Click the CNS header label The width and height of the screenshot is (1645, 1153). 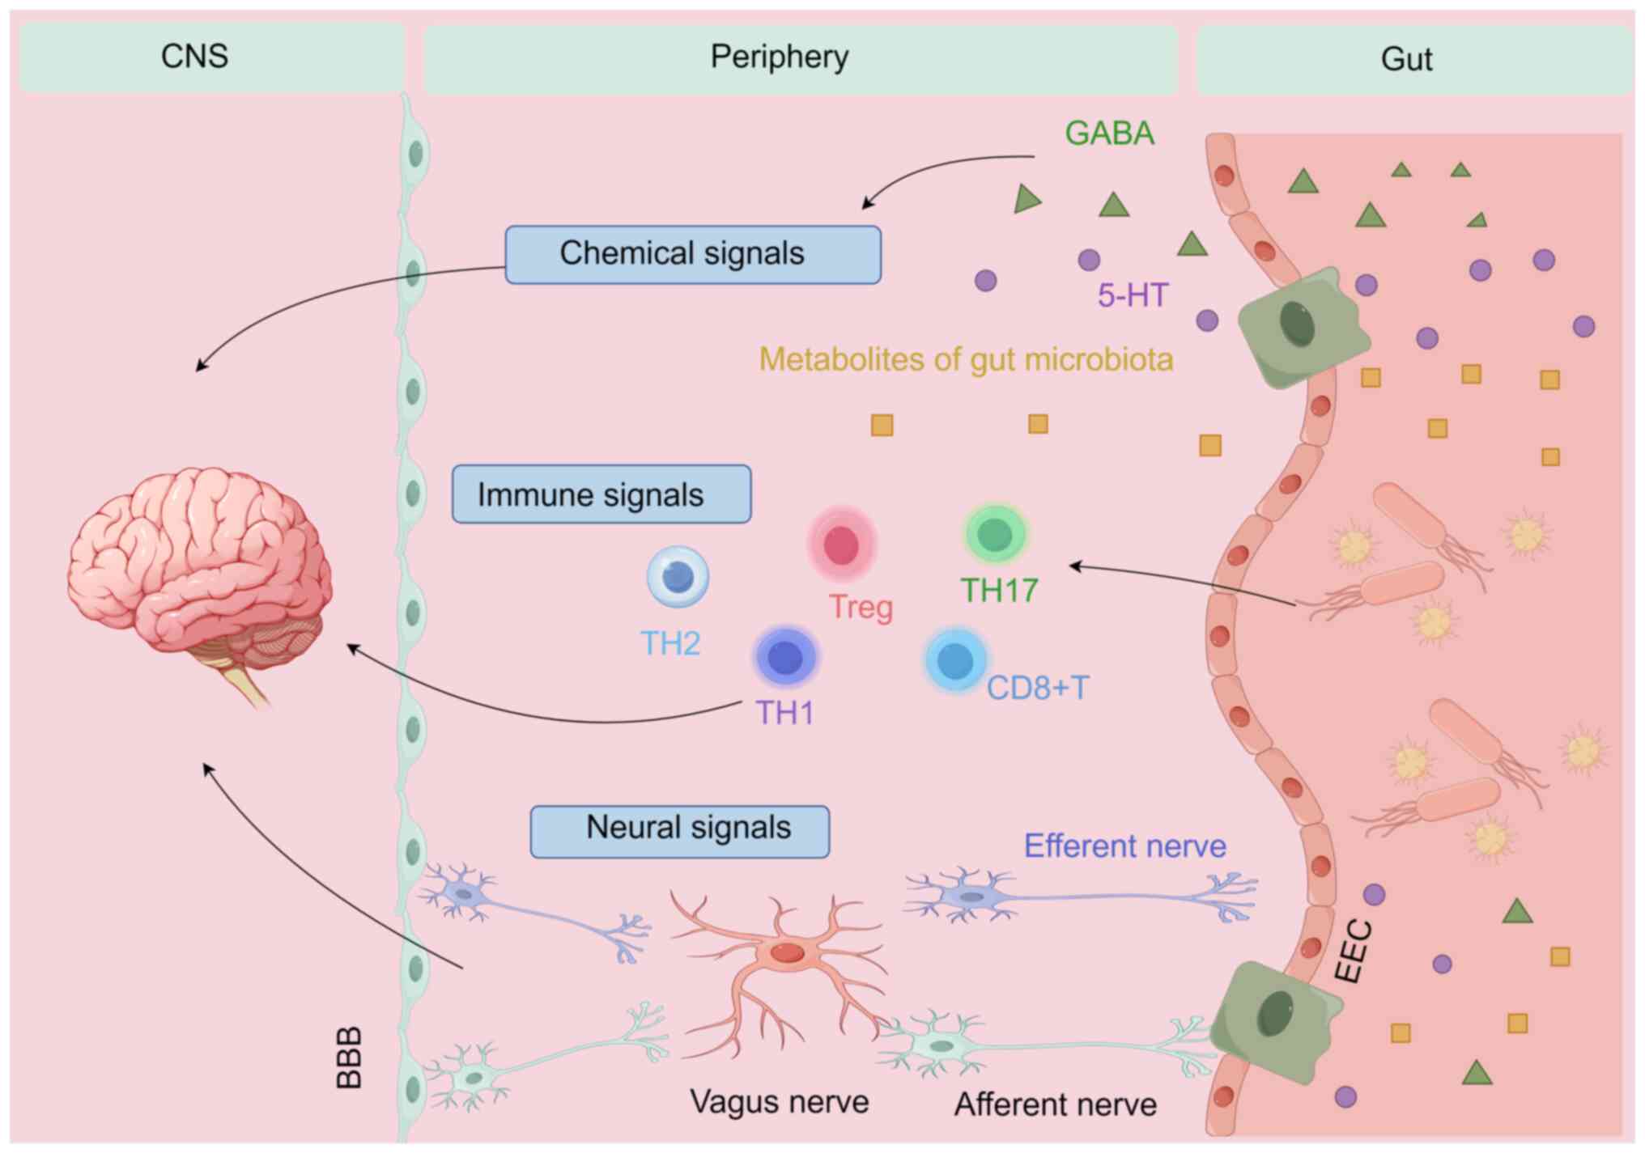(x=194, y=57)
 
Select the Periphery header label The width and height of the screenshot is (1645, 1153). (x=780, y=57)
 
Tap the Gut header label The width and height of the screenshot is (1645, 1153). (x=1407, y=59)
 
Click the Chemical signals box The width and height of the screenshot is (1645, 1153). (x=693, y=254)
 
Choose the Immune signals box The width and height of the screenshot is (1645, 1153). (x=601, y=494)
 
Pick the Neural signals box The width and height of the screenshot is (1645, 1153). (x=680, y=831)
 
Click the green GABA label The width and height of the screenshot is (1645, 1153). (x=1109, y=134)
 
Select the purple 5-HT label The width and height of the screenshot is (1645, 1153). (x=1133, y=295)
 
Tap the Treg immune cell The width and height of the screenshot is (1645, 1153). (x=841, y=545)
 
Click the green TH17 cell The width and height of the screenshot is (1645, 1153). (x=995, y=534)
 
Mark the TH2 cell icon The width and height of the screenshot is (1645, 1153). (x=678, y=577)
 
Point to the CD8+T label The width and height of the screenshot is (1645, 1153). (x=1038, y=688)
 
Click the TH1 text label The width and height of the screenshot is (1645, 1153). (x=784, y=713)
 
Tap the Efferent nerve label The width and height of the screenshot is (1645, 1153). (x=1125, y=846)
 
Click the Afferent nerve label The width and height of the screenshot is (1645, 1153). (x=1056, y=1104)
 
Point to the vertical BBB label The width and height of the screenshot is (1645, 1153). (x=349, y=1058)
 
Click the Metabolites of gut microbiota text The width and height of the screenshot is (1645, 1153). (x=967, y=360)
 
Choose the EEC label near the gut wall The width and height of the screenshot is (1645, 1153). (x=1353, y=952)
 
